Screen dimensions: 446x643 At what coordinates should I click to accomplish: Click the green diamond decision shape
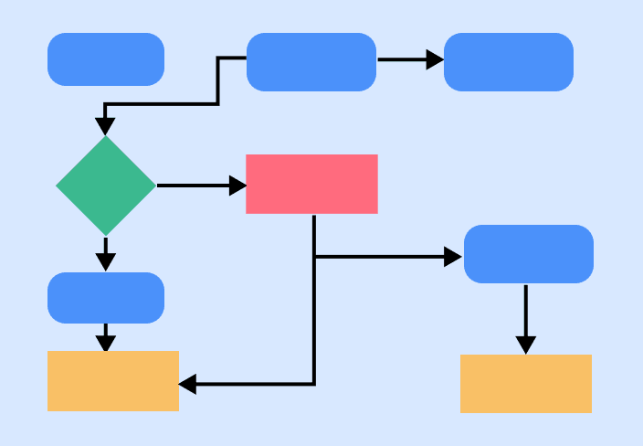106,186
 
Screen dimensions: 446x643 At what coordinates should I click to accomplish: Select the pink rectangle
311,184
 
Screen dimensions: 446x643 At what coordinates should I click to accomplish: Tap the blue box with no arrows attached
106,59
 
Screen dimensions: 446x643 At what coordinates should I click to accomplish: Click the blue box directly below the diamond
106,298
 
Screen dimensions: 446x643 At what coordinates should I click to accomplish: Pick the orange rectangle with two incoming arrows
113,381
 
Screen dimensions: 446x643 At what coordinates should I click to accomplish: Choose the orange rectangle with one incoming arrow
526,384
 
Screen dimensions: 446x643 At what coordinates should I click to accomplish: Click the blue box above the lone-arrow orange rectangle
529,254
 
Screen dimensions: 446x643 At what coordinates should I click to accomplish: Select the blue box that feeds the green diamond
311,62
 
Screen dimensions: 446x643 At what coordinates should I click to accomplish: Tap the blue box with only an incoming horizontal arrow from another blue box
509,62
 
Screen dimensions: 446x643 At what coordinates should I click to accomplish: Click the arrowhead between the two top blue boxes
436,60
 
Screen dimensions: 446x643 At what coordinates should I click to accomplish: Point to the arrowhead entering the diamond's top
106,125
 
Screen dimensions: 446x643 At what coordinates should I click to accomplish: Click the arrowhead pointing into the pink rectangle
237,186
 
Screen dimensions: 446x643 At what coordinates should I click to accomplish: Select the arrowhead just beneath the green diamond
106,261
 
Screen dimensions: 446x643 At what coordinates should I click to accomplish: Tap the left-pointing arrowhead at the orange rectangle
187,384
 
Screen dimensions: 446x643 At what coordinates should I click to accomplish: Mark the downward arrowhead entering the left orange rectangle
106,344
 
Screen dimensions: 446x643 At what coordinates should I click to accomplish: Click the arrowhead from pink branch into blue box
453,257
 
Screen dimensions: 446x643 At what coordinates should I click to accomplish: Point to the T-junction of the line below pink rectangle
314,257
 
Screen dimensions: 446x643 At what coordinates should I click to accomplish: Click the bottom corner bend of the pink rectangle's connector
314,384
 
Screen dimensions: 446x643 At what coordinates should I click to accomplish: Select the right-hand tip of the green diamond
154,186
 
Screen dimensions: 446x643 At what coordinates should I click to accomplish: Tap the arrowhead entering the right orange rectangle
525,345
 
